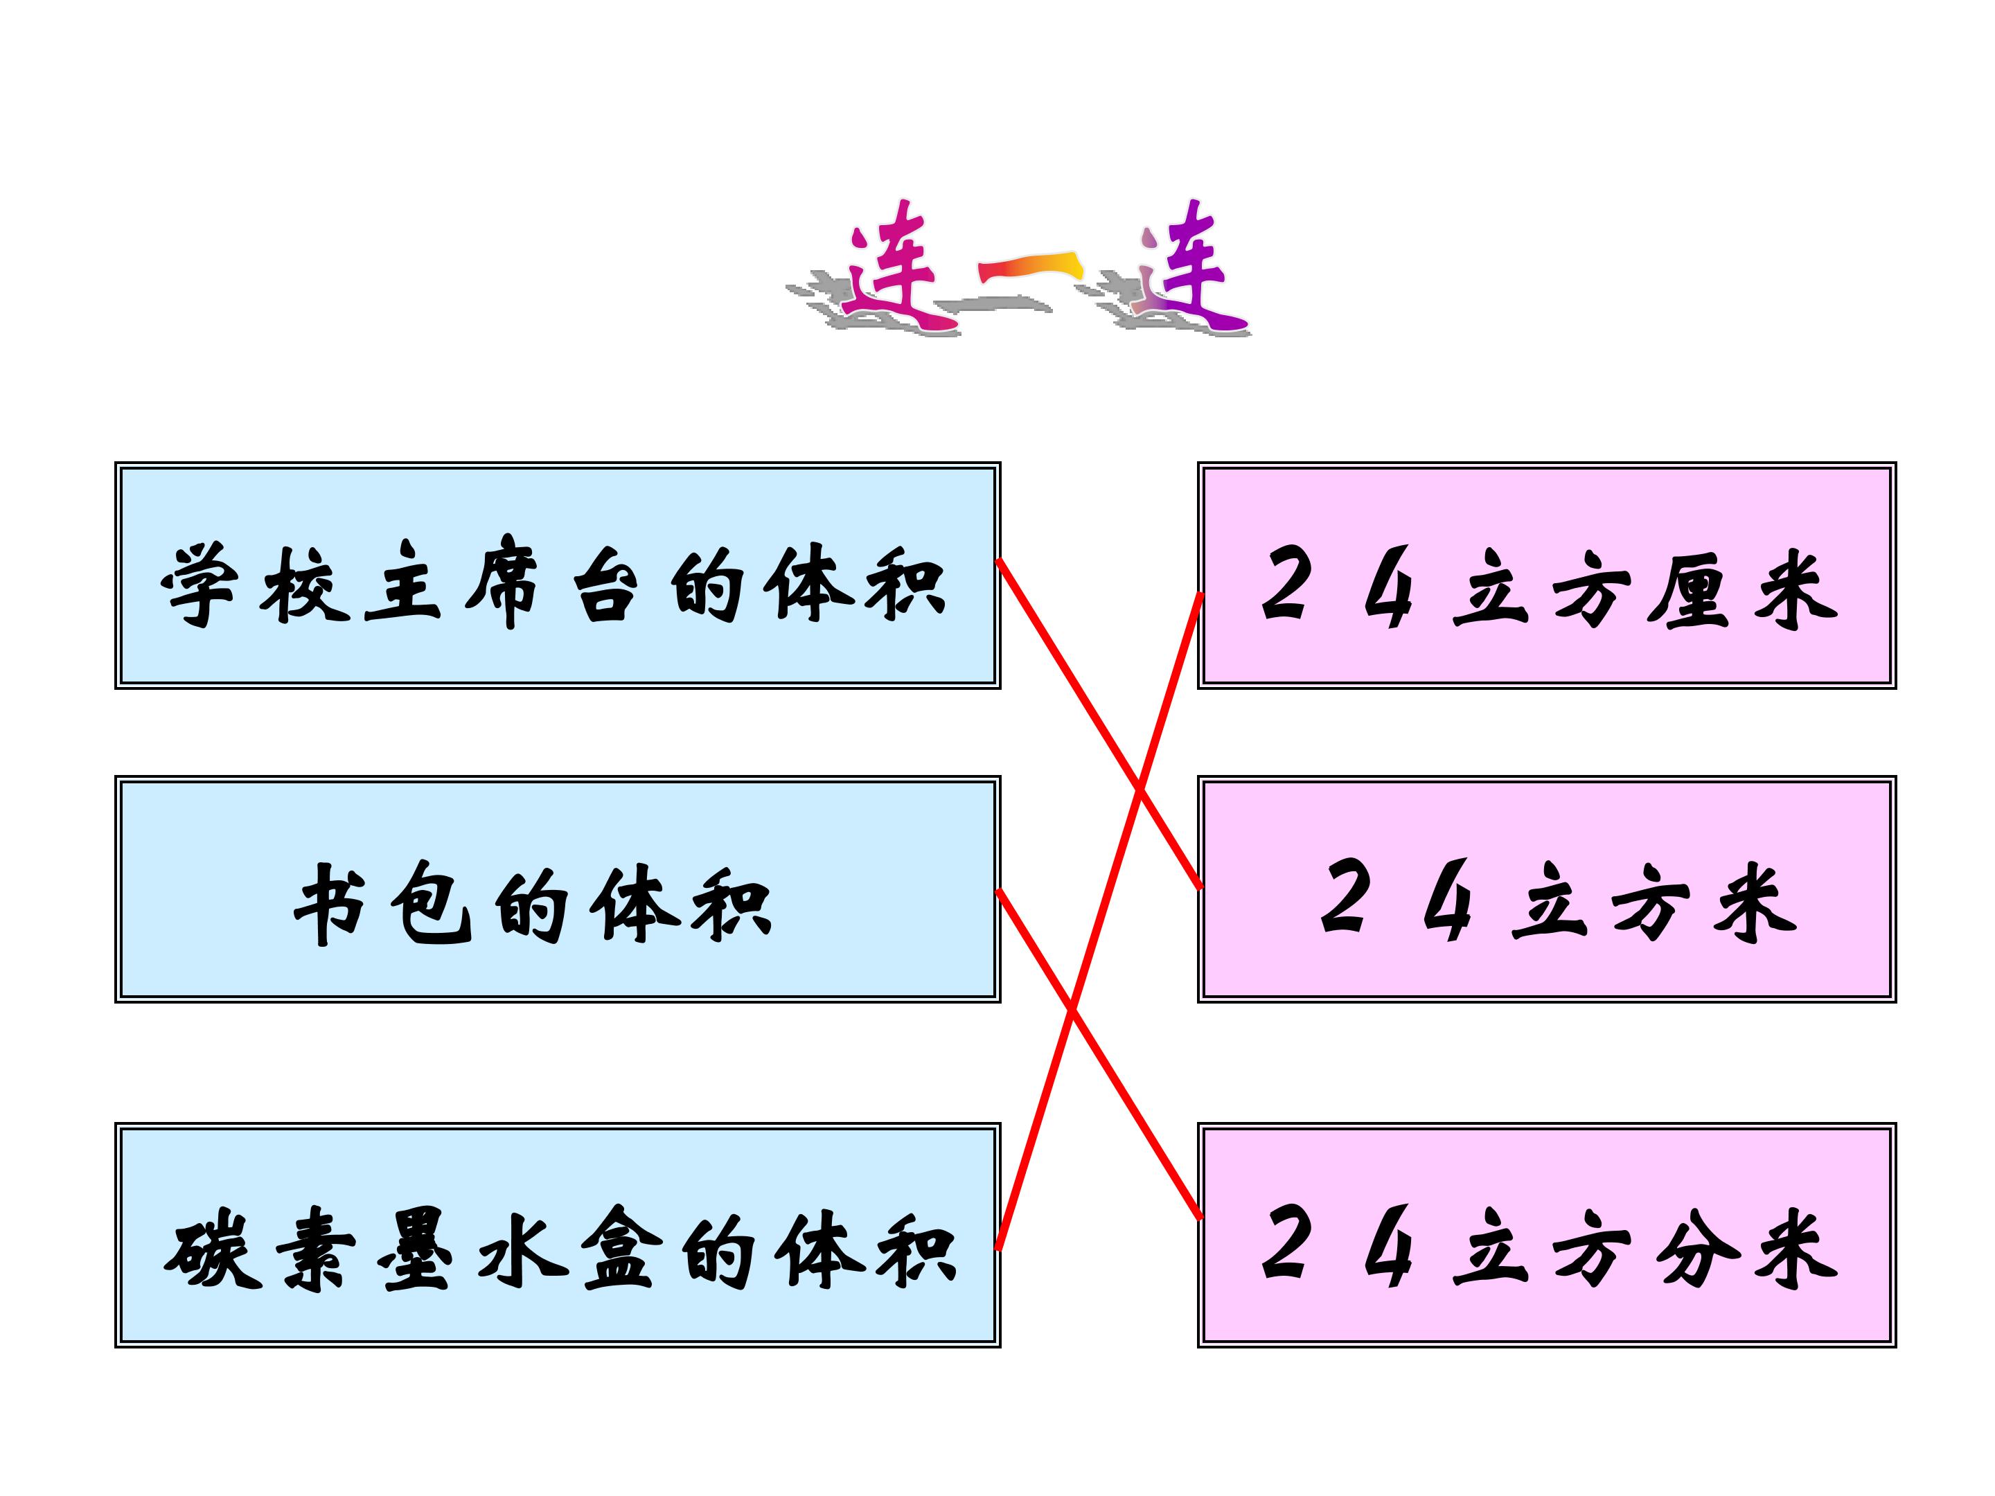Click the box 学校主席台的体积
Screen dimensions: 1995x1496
coord(558,576)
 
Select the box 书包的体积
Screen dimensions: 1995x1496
coord(558,888)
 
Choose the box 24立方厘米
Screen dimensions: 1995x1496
coord(1547,576)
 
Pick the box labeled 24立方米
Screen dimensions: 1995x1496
coord(1547,888)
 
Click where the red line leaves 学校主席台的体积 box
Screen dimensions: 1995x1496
coord(1000,561)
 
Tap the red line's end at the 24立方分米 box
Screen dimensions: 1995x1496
coord(1200,1218)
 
